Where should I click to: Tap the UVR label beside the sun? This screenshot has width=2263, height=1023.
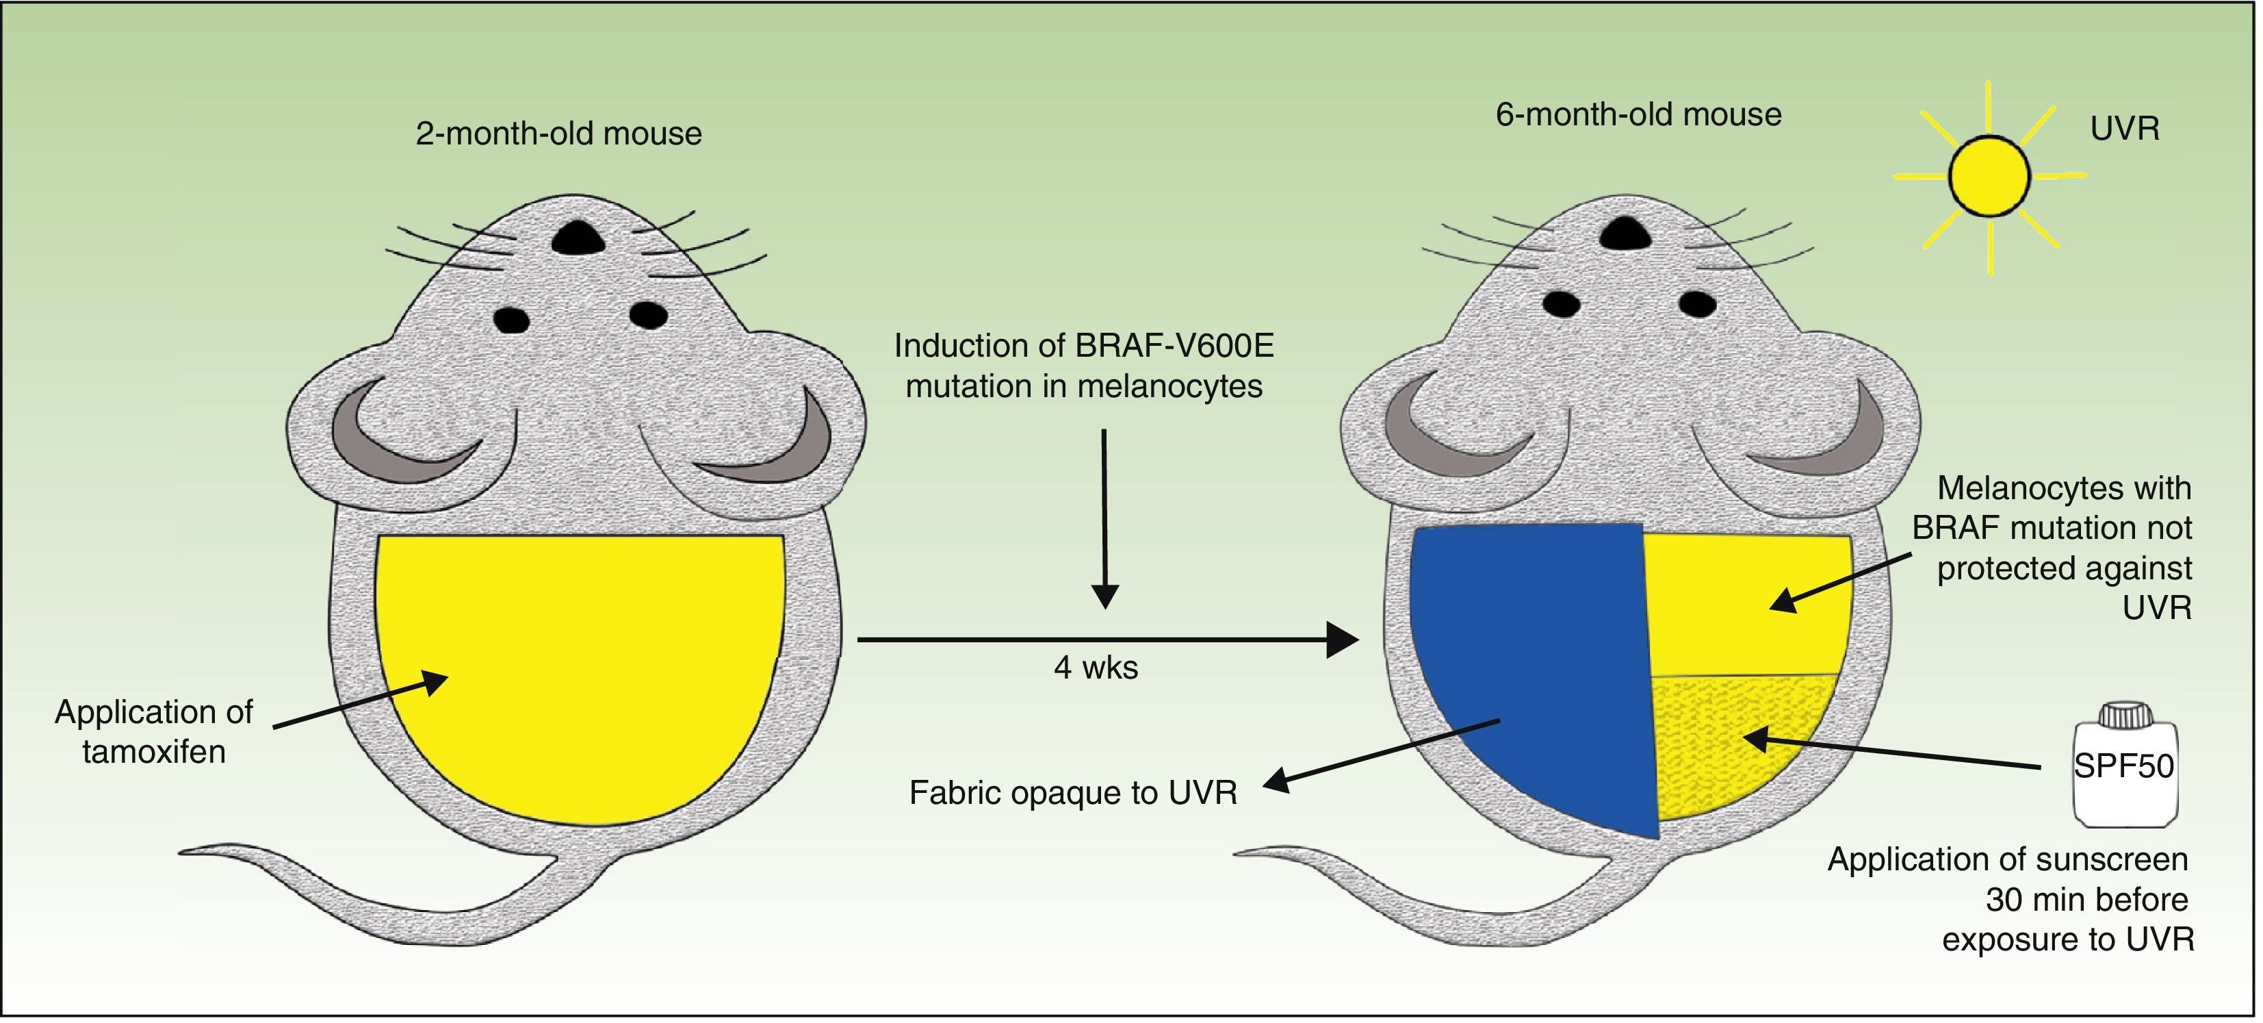click(x=2123, y=129)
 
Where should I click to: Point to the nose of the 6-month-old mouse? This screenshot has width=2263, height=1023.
click(x=1623, y=232)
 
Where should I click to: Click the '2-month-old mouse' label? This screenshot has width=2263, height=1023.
click(x=558, y=134)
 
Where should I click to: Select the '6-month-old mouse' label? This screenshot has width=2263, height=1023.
click(x=1638, y=114)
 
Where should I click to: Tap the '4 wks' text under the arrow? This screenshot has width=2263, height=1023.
click(x=1096, y=668)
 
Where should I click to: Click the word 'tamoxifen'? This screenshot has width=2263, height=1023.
click(x=154, y=751)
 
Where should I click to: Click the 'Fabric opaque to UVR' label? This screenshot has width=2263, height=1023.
click(x=1072, y=793)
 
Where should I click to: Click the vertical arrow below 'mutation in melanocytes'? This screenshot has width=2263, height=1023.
click(x=1105, y=518)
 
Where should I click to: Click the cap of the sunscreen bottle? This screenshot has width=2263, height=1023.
click(x=2123, y=716)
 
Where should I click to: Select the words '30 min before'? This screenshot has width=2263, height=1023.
click(x=2086, y=899)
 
